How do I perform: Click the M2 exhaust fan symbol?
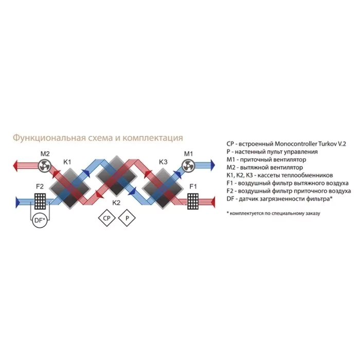[44, 166]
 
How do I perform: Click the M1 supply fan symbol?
[188, 166]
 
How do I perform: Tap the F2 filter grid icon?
[40, 202]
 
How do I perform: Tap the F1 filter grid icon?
[193, 202]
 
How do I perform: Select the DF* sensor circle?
[40, 221]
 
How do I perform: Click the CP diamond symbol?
[106, 218]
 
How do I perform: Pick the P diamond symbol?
[127, 218]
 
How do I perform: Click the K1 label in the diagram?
[67, 162]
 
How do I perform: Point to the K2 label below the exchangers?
[116, 203]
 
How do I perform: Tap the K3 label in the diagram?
[163, 162]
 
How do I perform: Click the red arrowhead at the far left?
[15, 166]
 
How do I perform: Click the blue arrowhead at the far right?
[212, 165]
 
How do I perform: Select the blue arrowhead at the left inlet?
[17, 202]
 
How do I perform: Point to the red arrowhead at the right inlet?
[213, 202]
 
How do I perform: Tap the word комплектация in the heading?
[153, 138]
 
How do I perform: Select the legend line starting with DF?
[279, 199]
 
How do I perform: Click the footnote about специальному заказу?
[273, 213]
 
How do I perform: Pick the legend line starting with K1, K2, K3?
[280, 175]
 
